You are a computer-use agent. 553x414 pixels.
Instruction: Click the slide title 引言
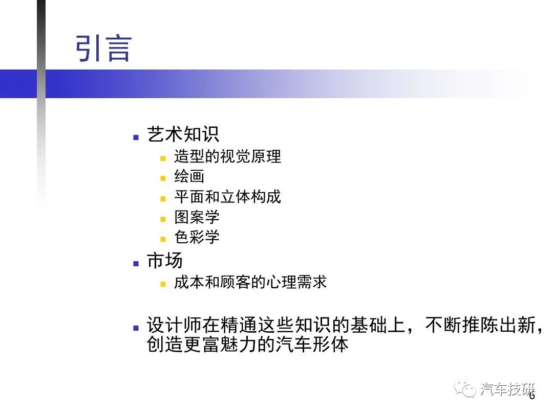pyautogui.click(x=103, y=48)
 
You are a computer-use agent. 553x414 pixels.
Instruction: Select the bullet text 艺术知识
pyautogui.click(x=183, y=134)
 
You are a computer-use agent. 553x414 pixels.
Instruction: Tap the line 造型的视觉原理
pyautogui.click(x=227, y=156)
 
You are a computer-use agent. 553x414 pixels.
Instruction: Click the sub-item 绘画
pyautogui.click(x=189, y=176)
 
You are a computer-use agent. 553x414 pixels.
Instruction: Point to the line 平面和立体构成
pyautogui.click(x=227, y=197)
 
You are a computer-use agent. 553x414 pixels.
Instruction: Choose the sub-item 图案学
pyautogui.click(x=197, y=217)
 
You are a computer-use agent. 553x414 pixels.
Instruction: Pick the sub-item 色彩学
pyautogui.click(x=197, y=237)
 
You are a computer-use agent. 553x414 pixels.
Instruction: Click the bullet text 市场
pyautogui.click(x=165, y=261)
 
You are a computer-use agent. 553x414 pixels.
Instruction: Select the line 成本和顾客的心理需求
pyautogui.click(x=250, y=282)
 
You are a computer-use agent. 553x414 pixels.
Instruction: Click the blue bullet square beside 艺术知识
pyautogui.click(x=136, y=137)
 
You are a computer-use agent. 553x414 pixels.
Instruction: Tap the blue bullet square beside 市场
pyautogui.click(x=136, y=263)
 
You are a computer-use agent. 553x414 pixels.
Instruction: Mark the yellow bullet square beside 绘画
pyautogui.click(x=163, y=178)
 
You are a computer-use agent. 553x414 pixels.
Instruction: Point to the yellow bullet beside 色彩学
pyautogui.click(x=163, y=239)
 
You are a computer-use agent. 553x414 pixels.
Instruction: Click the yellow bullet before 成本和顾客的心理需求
pyautogui.click(x=163, y=284)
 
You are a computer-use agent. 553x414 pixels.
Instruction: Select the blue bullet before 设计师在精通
pyautogui.click(x=136, y=328)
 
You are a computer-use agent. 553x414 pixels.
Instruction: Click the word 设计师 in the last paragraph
pyautogui.click(x=174, y=325)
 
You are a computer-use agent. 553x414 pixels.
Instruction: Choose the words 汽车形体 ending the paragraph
pyautogui.click(x=312, y=344)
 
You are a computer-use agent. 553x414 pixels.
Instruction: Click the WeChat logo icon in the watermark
pyautogui.click(x=465, y=388)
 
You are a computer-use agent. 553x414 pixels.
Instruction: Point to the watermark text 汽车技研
pyautogui.click(x=507, y=389)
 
